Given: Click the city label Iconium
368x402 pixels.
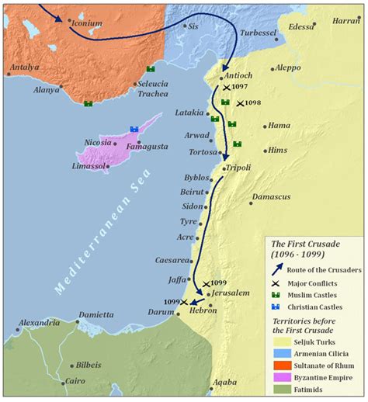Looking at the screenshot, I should [x=86, y=23].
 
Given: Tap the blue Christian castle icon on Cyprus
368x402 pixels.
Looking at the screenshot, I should [x=134, y=129].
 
